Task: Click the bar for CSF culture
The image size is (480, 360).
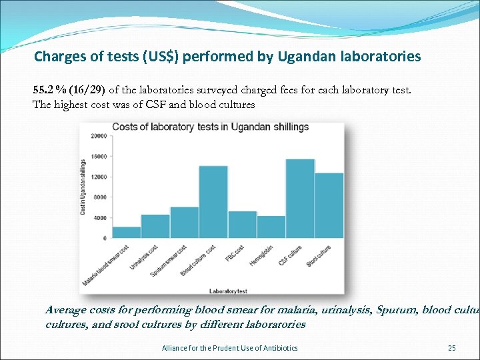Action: tap(300, 199)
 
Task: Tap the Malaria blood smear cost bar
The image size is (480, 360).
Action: tap(127, 233)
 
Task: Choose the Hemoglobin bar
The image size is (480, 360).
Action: tap(271, 227)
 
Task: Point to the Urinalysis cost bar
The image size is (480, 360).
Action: tap(155, 226)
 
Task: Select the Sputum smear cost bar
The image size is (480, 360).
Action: tap(185, 223)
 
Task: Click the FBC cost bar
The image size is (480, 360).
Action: tap(242, 225)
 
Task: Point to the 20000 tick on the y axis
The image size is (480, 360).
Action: tap(98, 135)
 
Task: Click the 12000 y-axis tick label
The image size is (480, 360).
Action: tap(98, 177)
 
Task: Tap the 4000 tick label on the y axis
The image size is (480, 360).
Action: tap(99, 218)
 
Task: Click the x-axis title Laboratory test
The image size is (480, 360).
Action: tap(229, 291)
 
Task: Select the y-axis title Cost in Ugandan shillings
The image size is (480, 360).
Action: tap(83, 187)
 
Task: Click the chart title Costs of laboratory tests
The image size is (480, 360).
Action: tap(210, 127)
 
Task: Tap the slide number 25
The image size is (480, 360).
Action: tap(451, 348)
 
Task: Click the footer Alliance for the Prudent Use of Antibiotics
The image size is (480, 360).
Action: tap(230, 348)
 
